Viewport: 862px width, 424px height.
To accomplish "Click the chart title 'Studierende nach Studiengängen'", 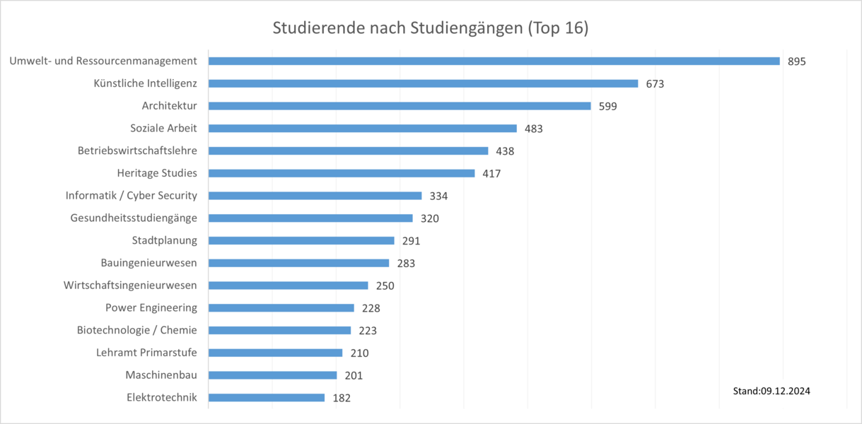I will pos(431,29).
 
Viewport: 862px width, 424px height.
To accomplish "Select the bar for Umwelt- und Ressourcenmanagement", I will pos(494,61).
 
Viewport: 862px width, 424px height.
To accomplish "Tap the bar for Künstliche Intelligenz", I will pos(423,83).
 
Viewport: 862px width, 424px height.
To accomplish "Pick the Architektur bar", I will pos(400,106).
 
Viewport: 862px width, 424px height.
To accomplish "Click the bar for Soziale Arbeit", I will pos(362,129).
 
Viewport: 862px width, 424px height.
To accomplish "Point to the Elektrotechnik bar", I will pos(267,398).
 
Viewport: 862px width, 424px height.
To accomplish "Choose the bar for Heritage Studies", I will pos(342,173).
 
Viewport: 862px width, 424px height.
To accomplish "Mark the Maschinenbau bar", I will pos(272,375).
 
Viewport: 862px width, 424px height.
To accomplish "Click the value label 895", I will pos(796,61).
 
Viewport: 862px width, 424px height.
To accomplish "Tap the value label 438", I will pos(505,151).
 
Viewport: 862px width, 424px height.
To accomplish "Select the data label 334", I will pos(438,196).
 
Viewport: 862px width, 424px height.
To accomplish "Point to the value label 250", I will pos(385,285).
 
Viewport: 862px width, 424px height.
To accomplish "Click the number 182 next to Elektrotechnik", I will pos(342,398).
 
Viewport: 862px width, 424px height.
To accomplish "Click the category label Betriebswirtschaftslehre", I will pos(137,151).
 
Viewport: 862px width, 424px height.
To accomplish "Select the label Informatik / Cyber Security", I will pos(132,196).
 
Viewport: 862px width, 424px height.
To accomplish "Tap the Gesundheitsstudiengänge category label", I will pos(134,218).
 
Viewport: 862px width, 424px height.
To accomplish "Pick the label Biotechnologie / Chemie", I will pos(137,330).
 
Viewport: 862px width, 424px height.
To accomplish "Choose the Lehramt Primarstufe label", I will pos(146,353).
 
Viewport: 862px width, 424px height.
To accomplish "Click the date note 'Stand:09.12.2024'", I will pos(771,391).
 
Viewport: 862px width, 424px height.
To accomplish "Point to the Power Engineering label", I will pos(151,307).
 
